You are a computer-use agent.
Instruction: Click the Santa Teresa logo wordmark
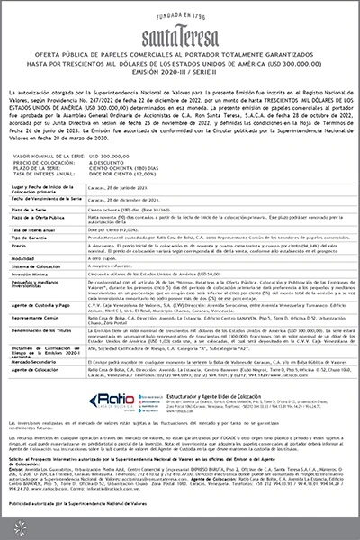tap(179, 31)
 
